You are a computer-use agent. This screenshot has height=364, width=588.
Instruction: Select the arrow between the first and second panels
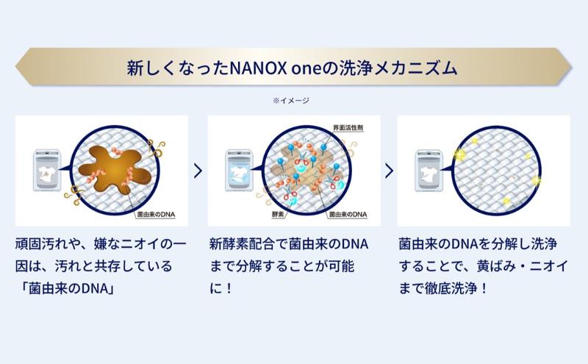(198, 171)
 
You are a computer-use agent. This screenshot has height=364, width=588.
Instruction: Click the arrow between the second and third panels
(389, 171)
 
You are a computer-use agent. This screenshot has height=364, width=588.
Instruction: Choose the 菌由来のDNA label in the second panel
(347, 215)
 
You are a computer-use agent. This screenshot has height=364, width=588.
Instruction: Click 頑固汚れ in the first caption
(42, 243)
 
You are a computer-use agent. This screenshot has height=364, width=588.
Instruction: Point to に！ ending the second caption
(220, 285)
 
